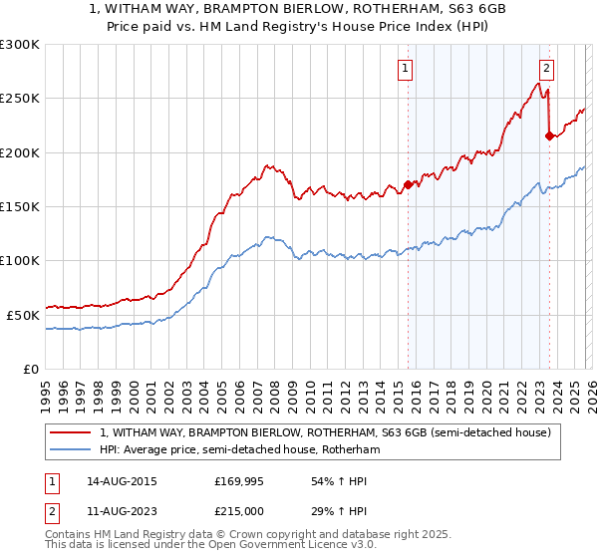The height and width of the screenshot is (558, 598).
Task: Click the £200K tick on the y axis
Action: [20, 152]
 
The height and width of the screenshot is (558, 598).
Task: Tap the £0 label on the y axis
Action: [31, 369]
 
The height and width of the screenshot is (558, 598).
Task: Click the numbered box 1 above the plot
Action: [407, 69]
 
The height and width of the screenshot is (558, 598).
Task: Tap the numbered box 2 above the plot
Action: [547, 69]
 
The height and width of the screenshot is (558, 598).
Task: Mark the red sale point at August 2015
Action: [408, 184]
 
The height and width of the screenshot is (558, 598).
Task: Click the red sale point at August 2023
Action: [549, 136]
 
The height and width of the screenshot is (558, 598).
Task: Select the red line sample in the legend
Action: [72, 432]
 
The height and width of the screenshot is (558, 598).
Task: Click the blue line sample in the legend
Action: [72, 449]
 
